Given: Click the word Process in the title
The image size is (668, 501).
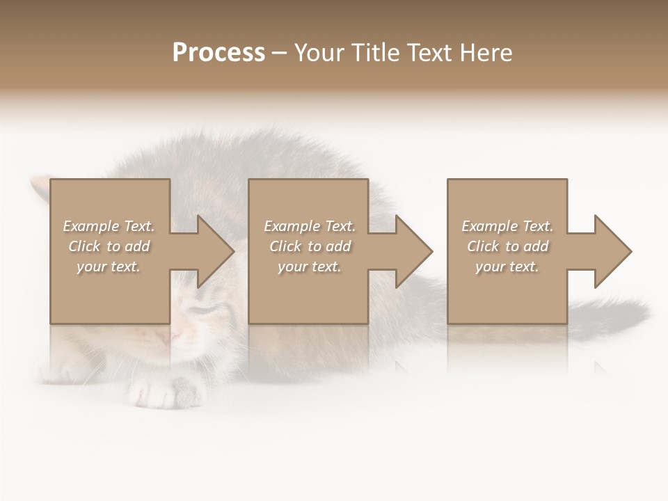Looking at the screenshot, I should click(x=218, y=53).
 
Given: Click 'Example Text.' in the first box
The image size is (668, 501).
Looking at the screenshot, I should click(x=109, y=226).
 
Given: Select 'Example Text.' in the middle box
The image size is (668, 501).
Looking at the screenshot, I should click(x=310, y=226).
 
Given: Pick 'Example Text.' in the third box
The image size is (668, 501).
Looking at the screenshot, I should click(x=507, y=226).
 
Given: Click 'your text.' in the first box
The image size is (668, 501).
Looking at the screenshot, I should click(x=109, y=267).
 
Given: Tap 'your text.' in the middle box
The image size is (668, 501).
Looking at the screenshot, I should click(x=310, y=267).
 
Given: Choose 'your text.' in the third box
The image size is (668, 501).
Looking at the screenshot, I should click(x=507, y=267).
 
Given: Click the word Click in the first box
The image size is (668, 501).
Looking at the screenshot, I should click(x=84, y=246).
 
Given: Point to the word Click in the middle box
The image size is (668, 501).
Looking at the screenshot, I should click(x=285, y=246).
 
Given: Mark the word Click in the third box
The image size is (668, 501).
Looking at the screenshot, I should click(x=483, y=246).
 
